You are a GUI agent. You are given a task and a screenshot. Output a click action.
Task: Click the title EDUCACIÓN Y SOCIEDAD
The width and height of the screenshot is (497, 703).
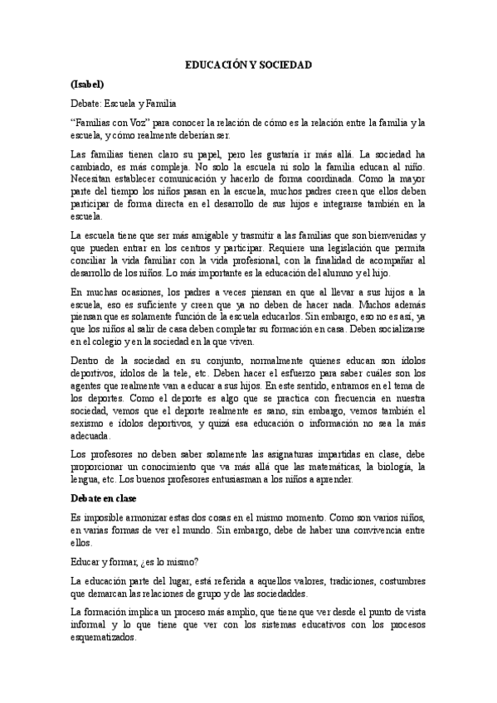tap(248, 65)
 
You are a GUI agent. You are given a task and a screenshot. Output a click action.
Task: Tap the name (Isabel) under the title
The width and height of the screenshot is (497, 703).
tap(88, 85)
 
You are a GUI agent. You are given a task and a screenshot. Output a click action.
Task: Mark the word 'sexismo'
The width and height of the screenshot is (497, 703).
tap(91, 423)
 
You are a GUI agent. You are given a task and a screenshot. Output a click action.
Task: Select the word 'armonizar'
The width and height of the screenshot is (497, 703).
tap(152, 516)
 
